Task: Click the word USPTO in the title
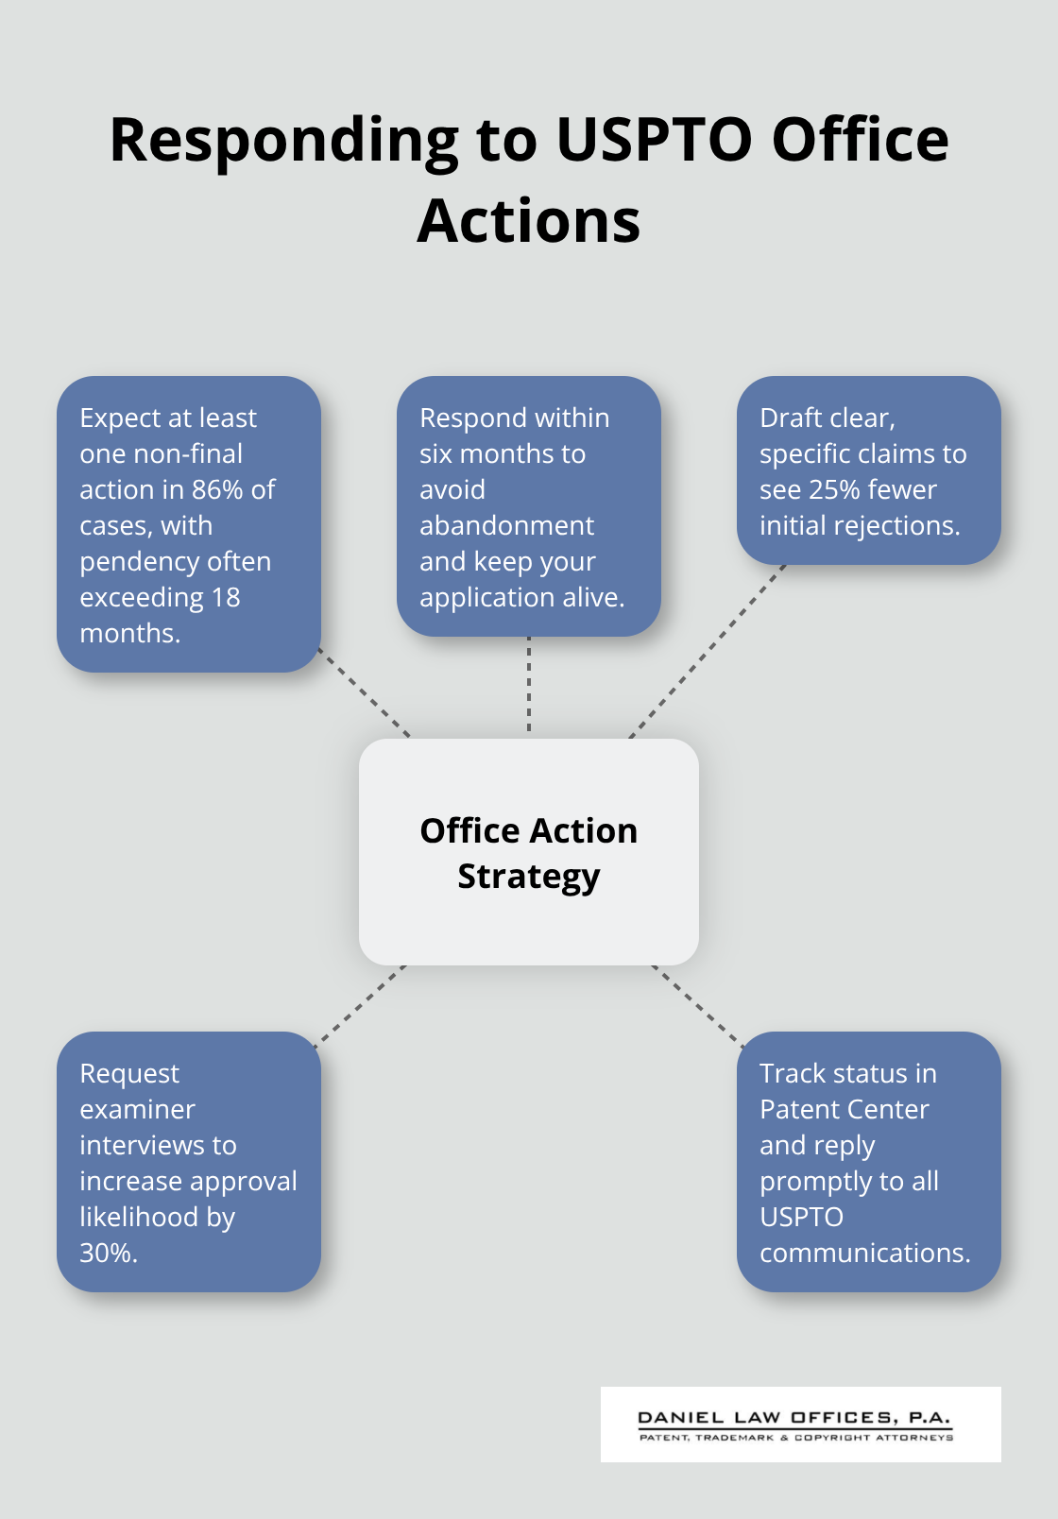(x=655, y=140)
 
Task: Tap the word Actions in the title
(x=528, y=221)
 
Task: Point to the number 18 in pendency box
(x=227, y=597)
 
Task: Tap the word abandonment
(x=506, y=525)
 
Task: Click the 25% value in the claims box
(x=835, y=489)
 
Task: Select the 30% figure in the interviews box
(x=107, y=1253)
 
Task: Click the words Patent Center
(x=844, y=1109)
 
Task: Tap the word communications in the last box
(x=863, y=1253)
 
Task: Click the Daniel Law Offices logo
(x=800, y=1425)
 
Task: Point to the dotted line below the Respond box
(x=529, y=686)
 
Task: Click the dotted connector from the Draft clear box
(x=707, y=652)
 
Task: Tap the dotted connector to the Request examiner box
(x=360, y=1006)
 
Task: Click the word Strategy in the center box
(x=528, y=877)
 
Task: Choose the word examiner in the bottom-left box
(x=137, y=1109)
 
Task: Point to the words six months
(x=502, y=453)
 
